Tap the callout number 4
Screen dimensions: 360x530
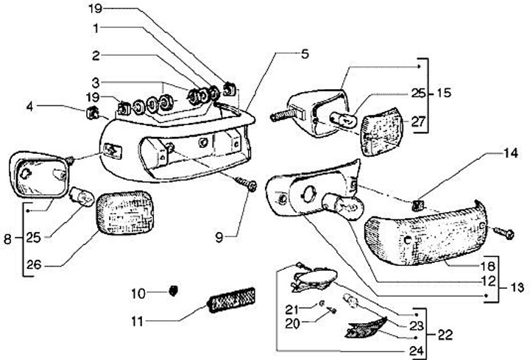tap(30, 107)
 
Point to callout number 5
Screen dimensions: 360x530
tap(304, 54)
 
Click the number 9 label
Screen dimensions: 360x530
tap(219, 236)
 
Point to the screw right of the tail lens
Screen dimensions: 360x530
tap(507, 232)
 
